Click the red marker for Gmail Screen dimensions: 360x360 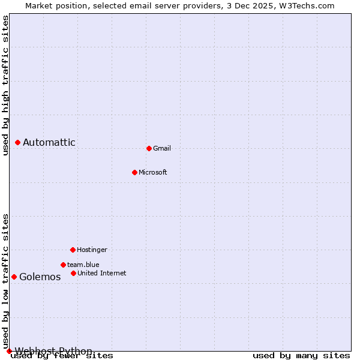[x=149, y=148]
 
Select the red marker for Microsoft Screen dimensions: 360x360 [x=134, y=172]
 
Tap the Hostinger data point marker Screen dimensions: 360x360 [x=73, y=250]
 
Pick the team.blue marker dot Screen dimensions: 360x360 [x=63, y=265]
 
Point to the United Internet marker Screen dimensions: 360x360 [x=73, y=273]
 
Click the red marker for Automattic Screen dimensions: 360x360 [x=17, y=142]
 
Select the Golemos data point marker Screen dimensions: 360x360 [x=14, y=277]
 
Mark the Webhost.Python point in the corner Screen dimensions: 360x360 [x=9, y=351]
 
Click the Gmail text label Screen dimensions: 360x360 [x=162, y=148]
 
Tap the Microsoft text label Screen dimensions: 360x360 [x=153, y=172]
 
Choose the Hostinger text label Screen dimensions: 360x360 [x=92, y=250]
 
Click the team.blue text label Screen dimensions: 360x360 [x=83, y=265]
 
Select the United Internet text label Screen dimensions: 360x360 [x=102, y=273]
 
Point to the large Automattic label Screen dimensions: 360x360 [x=49, y=142]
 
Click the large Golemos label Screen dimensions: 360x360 [x=40, y=277]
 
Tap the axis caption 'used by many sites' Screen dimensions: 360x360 [x=301, y=355]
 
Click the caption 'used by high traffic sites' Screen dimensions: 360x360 [x=6, y=85]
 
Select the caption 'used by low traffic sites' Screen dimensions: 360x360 [x=6, y=281]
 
